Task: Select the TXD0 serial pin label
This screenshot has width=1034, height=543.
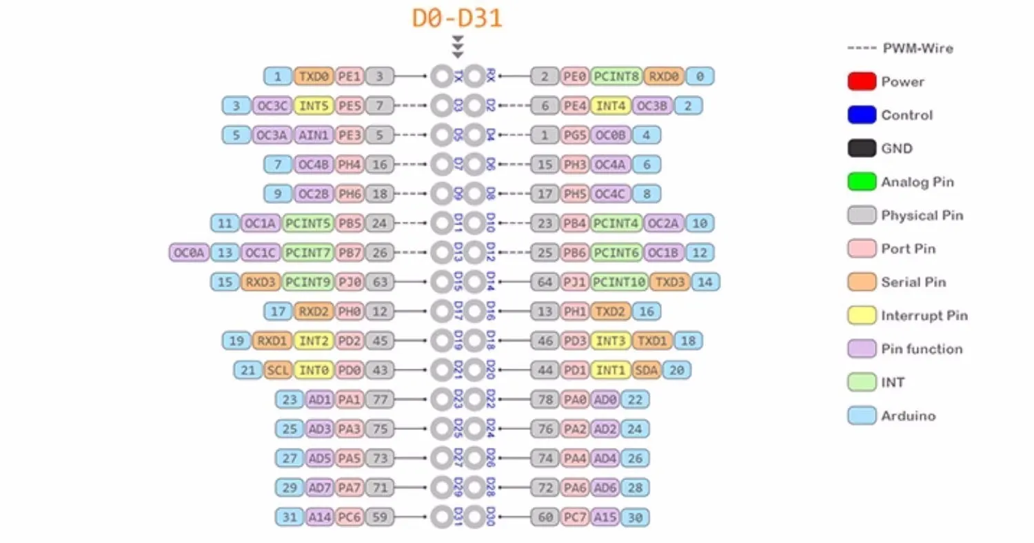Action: coord(314,76)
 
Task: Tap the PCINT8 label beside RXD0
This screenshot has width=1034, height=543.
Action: coord(616,76)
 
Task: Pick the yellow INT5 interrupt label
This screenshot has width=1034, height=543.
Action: coord(314,106)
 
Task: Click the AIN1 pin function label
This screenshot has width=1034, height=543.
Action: coord(313,135)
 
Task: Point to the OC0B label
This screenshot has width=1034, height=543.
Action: coord(610,135)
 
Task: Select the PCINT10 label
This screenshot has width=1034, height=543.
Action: coord(619,282)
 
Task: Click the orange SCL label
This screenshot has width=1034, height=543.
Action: coord(278,371)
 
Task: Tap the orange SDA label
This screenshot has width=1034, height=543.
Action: coord(646,371)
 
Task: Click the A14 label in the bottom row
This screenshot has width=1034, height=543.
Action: coord(320,517)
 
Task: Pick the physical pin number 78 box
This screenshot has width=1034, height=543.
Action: coord(545,400)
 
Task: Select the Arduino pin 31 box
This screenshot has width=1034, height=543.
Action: coord(290,517)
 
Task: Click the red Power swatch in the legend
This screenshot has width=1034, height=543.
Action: coord(862,81)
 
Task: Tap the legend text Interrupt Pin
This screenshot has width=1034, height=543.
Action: coord(924,316)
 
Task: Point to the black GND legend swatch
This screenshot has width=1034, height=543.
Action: coord(862,148)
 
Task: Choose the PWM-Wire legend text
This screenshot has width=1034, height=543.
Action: coord(918,48)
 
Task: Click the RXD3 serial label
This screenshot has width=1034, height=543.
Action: coord(261,282)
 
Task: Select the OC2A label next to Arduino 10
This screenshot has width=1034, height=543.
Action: coord(664,223)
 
